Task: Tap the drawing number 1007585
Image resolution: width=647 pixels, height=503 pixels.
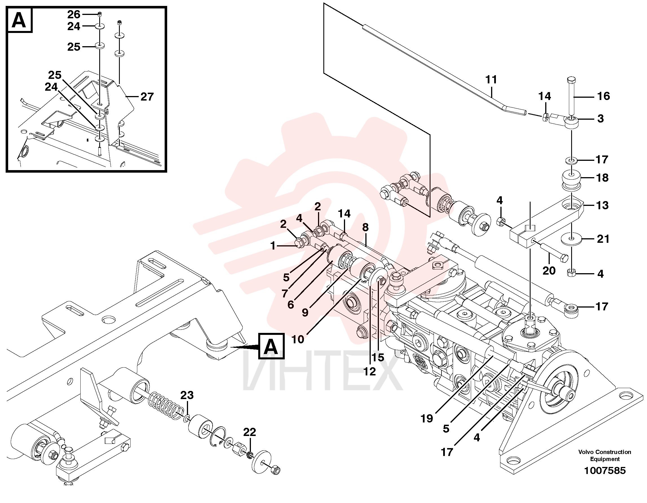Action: click(605, 470)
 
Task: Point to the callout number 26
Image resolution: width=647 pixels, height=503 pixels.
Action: click(74, 14)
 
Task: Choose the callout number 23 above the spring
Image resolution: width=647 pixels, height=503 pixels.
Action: click(187, 395)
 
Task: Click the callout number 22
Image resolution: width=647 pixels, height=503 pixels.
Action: click(249, 432)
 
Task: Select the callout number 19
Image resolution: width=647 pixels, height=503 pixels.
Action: click(427, 419)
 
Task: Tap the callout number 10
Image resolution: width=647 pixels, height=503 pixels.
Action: click(298, 339)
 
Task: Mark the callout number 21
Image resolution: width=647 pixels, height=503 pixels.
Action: click(603, 239)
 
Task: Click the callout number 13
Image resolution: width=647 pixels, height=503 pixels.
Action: click(602, 205)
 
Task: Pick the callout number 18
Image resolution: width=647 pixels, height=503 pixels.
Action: click(602, 177)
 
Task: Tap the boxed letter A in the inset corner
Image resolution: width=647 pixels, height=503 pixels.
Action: click(19, 20)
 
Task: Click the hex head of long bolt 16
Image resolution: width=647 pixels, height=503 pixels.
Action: click(571, 80)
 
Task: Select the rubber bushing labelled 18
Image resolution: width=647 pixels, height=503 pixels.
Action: click(571, 179)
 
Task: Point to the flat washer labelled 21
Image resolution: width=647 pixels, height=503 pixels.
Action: click(572, 239)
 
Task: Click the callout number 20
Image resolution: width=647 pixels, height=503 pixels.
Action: click(549, 270)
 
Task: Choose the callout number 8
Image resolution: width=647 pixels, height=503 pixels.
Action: click(365, 227)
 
